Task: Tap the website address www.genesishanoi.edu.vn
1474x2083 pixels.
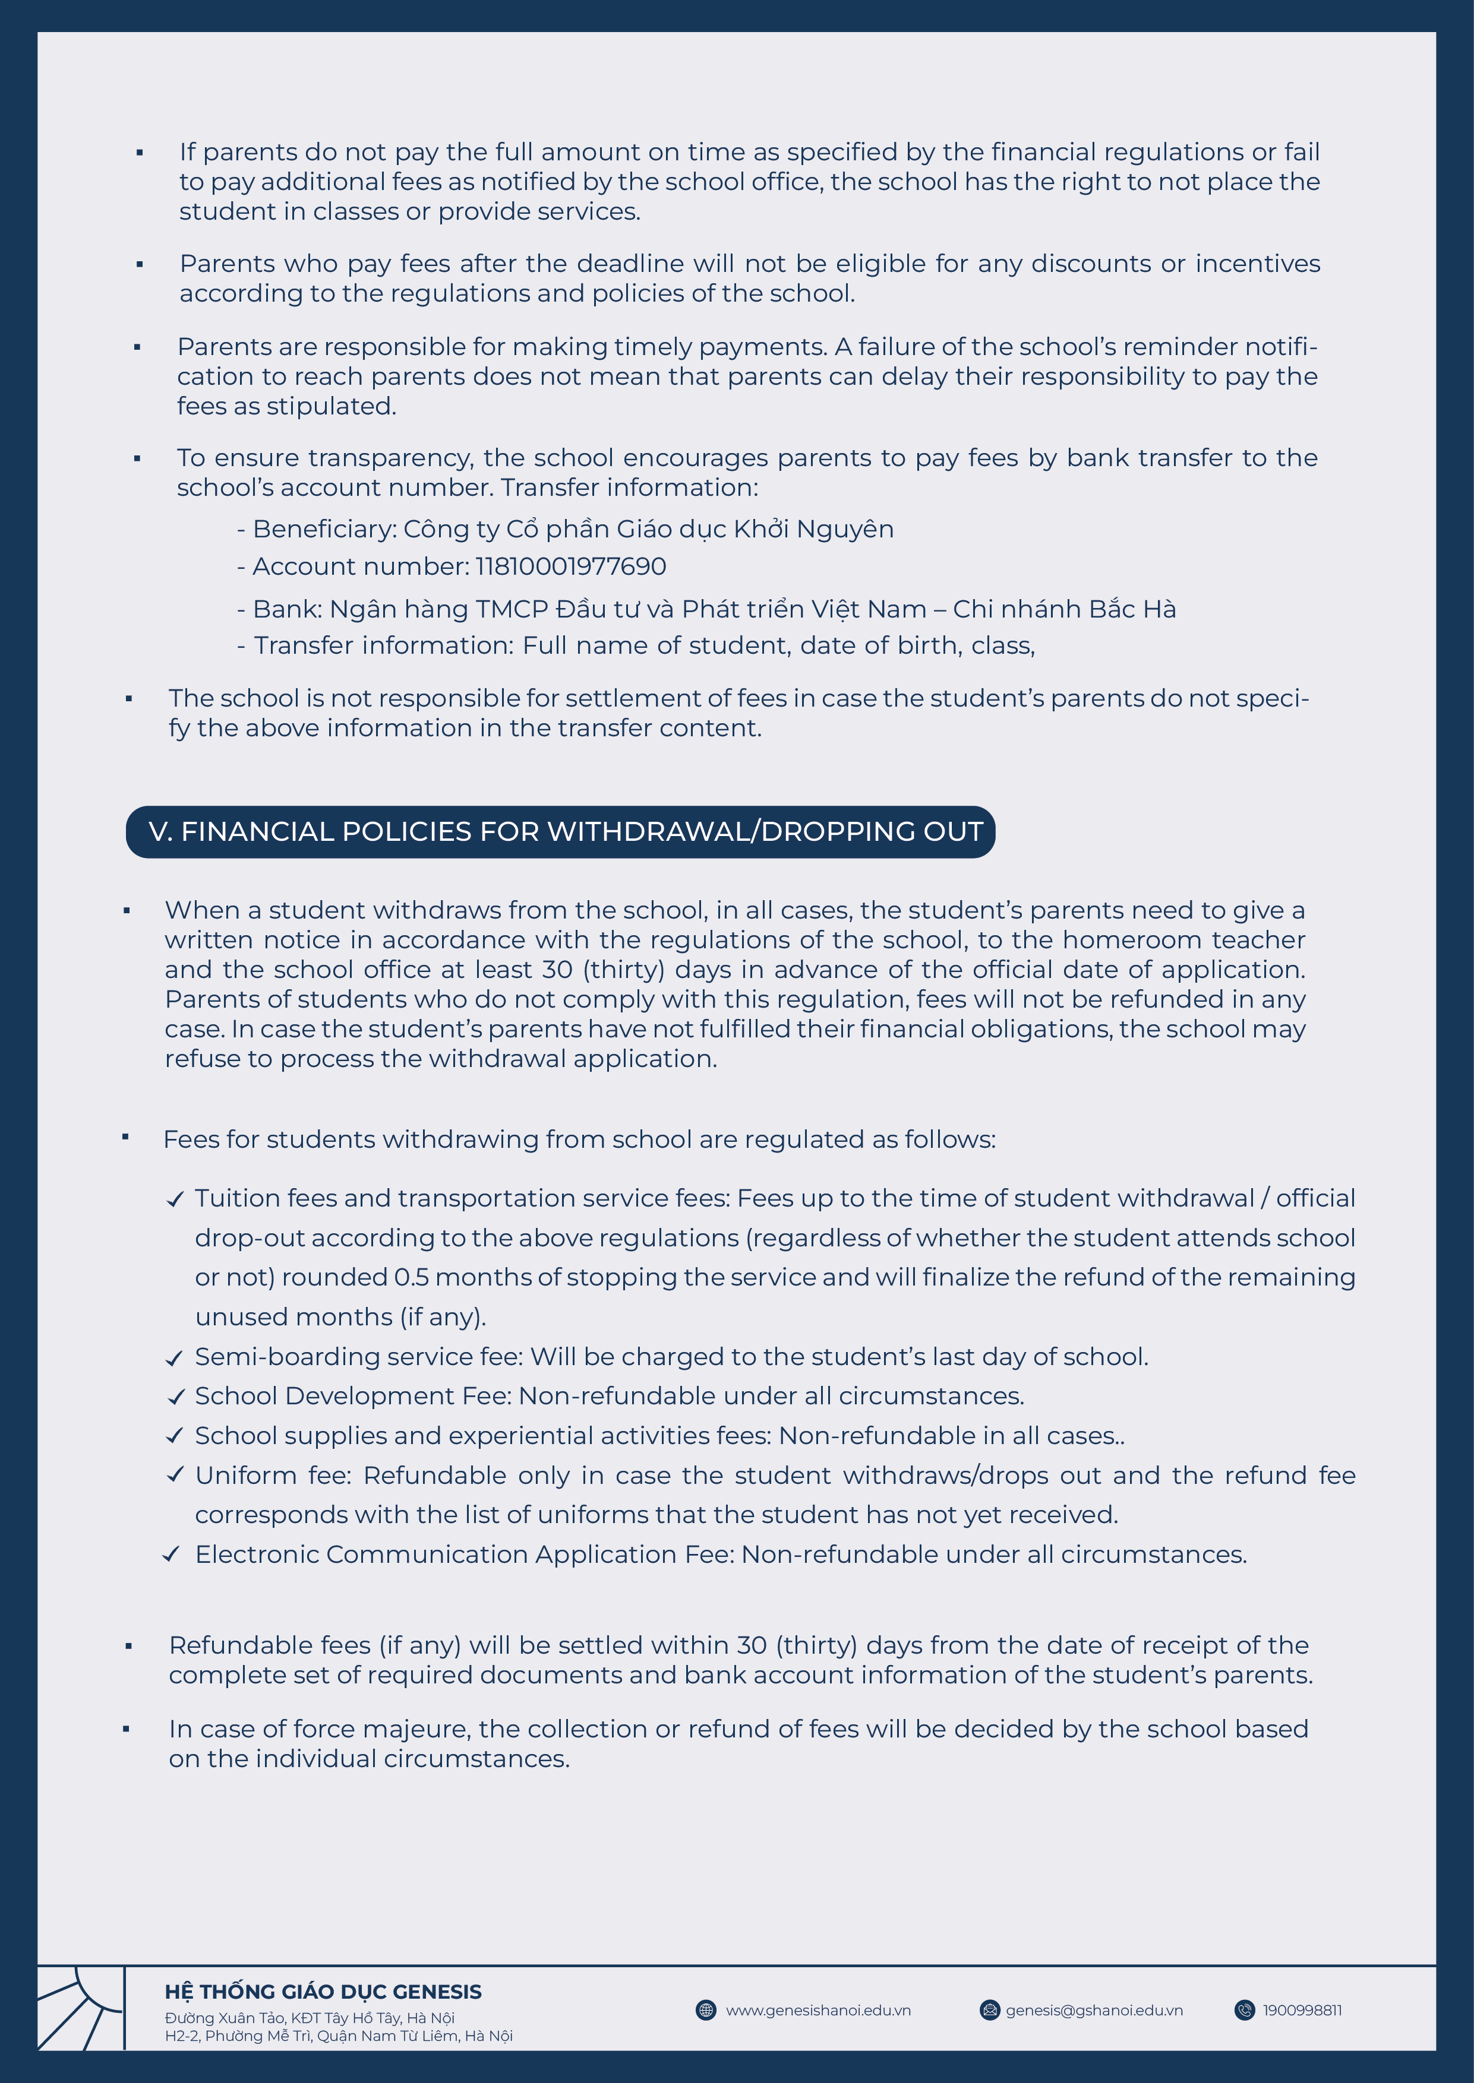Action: click(818, 2011)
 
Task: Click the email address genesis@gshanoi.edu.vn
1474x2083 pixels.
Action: click(1094, 2011)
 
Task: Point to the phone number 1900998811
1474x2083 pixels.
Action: click(1302, 2011)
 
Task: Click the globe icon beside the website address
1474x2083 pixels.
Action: click(705, 2011)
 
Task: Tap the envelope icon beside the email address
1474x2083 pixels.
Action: click(989, 2011)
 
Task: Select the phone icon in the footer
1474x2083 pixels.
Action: click(1244, 2011)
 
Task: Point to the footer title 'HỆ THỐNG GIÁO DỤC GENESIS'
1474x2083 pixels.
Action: click(323, 1992)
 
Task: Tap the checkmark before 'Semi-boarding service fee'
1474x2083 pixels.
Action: click(175, 1358)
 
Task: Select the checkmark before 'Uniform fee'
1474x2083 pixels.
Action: click(175, 1474)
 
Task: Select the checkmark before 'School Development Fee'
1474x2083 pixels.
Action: click(175, 1397)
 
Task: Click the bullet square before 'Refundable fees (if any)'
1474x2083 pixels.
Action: click(129, 1647)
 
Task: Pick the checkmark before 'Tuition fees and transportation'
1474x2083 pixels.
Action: click(175, 1199)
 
